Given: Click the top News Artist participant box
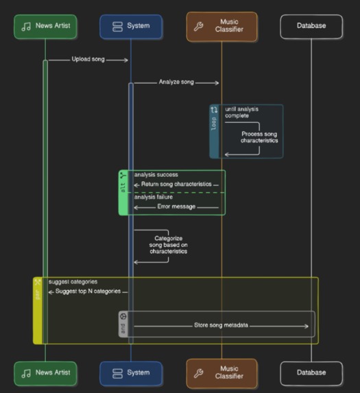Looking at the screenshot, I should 45,26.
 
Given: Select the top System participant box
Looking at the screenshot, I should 130,26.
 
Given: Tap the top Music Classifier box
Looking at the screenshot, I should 221,26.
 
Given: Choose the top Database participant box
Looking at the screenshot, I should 311,26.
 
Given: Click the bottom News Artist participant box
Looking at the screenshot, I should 45,373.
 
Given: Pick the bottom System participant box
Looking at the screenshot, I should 130,373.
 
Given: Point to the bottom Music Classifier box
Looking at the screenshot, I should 221,373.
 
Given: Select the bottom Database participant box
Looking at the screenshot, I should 311,373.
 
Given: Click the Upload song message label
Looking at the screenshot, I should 88,60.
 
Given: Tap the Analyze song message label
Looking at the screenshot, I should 176,82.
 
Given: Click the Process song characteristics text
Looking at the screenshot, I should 259,136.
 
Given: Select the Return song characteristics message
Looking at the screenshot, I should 176,185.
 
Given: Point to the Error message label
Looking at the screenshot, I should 176,206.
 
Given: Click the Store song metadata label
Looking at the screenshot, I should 221,325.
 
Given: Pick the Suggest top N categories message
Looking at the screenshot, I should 84,291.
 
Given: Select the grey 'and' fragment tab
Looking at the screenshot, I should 123,324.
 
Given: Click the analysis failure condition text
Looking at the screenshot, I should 154,196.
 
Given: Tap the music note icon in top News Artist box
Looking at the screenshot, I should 27,27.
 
